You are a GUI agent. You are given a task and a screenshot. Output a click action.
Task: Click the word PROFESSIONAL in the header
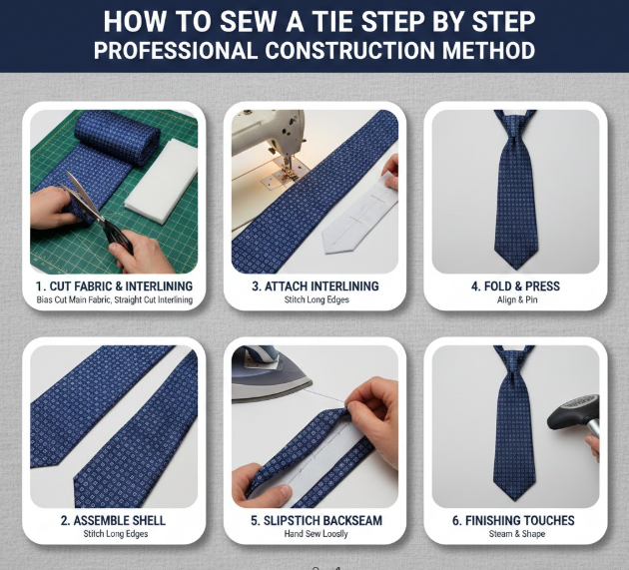175,50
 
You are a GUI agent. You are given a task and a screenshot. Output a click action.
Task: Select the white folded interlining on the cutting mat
162,181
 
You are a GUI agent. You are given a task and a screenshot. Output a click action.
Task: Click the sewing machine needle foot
287,170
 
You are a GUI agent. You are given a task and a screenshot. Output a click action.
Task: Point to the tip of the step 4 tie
515,269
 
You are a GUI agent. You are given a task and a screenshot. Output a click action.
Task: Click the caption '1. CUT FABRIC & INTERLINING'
115,286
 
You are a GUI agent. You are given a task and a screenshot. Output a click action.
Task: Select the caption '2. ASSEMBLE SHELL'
113,520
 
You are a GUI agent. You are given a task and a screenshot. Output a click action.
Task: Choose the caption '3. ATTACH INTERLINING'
315,286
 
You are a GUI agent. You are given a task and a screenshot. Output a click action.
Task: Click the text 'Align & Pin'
517,299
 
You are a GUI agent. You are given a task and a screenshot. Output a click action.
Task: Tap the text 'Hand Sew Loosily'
316,534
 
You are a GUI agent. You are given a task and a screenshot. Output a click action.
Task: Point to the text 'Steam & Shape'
517,534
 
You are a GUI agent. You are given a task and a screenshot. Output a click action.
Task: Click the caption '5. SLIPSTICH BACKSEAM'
316,520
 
